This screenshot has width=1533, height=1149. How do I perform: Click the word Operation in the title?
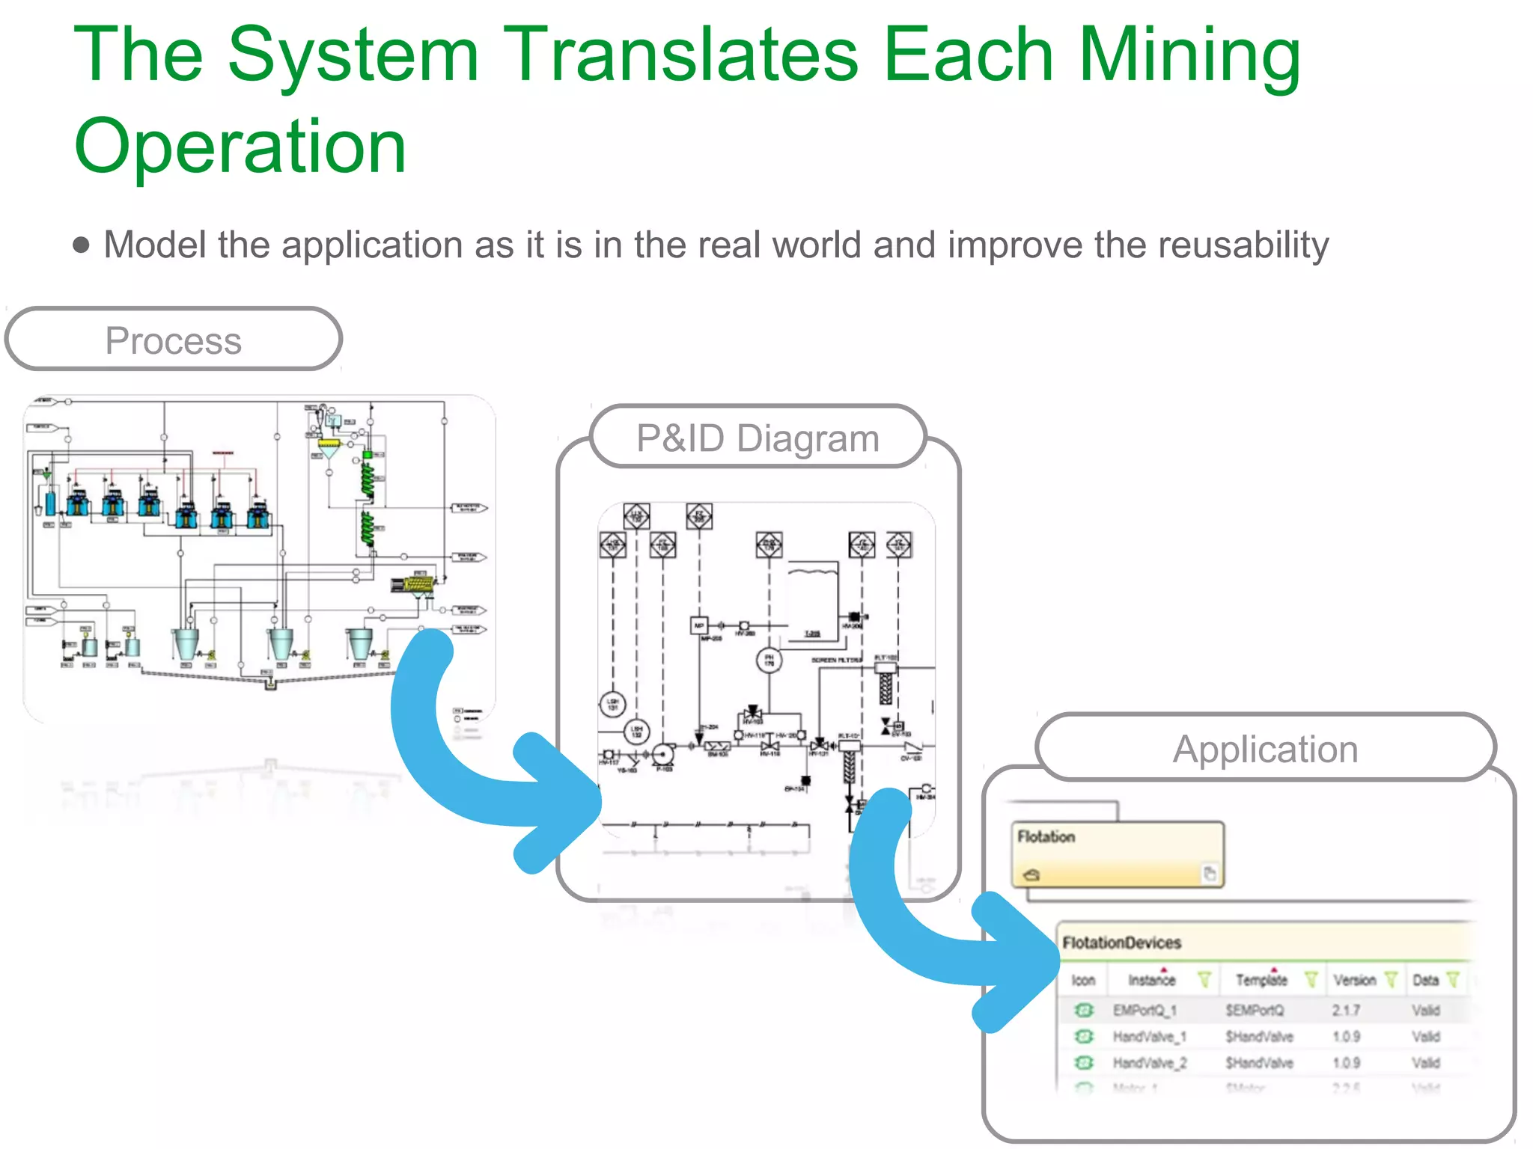click(240, 147)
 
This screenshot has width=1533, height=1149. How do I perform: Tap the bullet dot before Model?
click(81, 245)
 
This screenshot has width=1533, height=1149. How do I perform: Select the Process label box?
click(174, 340)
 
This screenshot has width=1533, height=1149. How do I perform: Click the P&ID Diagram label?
click(758, 438)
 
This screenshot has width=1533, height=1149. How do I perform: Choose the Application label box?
click(1265, 748)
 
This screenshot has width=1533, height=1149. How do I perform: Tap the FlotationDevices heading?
click(1121, 943)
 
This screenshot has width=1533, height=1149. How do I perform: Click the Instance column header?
click(1151, 980)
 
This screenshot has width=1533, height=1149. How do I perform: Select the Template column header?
click(1261, 980)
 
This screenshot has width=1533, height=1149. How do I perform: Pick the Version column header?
click(1354, 980)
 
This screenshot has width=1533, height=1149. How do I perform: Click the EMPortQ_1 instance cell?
click(1145, 1011)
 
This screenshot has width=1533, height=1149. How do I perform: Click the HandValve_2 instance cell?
click(1149, 1063)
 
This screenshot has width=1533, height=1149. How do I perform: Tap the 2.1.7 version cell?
click(1346, 1011)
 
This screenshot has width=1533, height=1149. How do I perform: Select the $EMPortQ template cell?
click(1255, 1011)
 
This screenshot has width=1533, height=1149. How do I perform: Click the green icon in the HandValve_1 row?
click(1084, 1037)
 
